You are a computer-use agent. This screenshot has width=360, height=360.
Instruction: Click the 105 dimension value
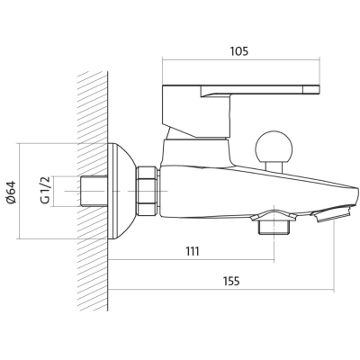[x=239, y=51]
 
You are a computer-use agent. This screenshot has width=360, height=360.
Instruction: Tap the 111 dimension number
[x=192, y=251]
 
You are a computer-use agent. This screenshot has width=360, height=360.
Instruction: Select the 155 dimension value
[x=231, y=281]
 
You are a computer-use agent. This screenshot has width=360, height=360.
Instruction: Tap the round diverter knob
[x=273, y=147]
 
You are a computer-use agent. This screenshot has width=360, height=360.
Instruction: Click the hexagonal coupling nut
[x=147, y=191]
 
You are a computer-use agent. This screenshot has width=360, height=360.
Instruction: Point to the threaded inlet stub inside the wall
[x=94, y=191]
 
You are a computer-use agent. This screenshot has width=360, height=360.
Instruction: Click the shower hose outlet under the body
[x=274, y=226]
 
